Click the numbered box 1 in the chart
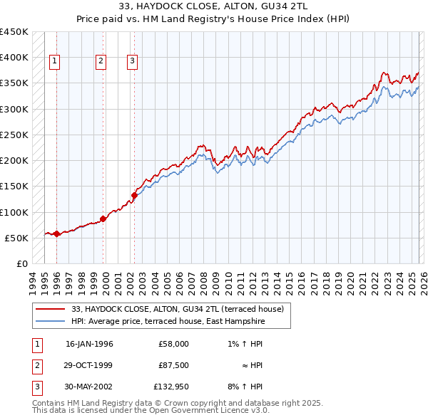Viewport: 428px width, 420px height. (x=55, y=62)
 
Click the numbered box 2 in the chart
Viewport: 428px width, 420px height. (x=101, y=62)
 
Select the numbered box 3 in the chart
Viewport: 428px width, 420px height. (x=133, y=62)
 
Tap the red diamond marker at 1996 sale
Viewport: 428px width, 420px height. (x=56, y=233)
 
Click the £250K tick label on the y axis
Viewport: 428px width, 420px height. (x=14, y=135)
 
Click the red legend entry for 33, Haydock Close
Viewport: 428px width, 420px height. (x=178, y=309)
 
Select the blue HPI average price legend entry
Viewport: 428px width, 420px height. (x=168, y=322)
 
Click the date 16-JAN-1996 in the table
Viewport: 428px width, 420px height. (x=89, y=343)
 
